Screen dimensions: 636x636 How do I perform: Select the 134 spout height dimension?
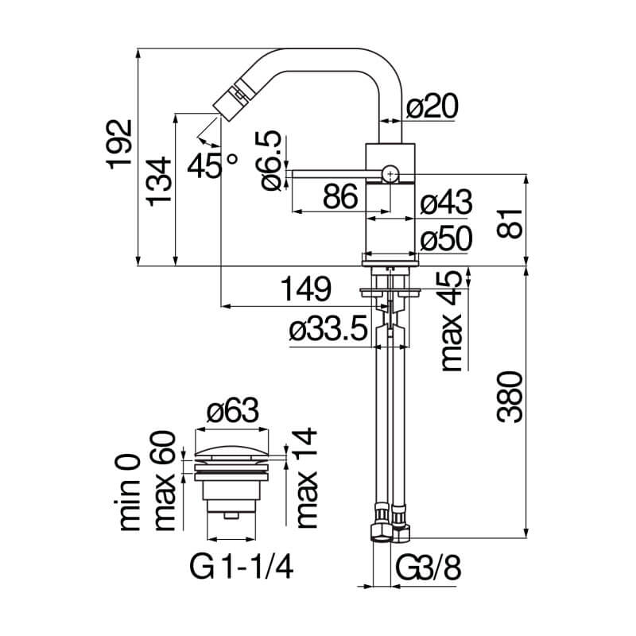tap(158, 181)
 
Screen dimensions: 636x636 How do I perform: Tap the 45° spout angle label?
tap(212, 166)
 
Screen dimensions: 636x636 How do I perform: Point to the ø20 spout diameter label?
tap(432, 106)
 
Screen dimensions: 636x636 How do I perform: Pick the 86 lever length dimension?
tap(340, 196)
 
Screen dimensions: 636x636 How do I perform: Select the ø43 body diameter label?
tap(446, 202)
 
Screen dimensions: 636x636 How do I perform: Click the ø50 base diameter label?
tap(446, 238)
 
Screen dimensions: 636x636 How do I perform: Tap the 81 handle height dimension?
tap(510, 223)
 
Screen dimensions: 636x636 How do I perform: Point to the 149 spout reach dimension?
tap(306, 289)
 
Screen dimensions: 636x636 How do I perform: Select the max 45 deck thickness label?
tap(452, 320)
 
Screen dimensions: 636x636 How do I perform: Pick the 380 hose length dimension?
tap(510, 397)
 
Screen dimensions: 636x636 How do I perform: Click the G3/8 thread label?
tap(429, 568)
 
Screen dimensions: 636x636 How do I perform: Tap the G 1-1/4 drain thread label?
tap(242, 568)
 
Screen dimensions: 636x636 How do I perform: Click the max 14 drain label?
tap(307, 478)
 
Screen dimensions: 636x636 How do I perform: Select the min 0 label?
tap(130, 493)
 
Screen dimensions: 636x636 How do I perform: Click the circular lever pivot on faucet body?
tap(390, 174)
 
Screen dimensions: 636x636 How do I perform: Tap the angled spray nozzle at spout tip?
tap(230, 99)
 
